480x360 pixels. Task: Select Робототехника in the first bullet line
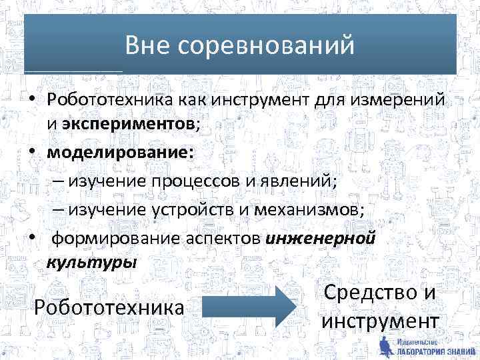pos(110,101)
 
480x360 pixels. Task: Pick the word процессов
pos(189,181)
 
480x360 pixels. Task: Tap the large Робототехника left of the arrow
pos(109,307)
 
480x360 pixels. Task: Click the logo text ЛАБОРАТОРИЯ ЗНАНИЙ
pos(429,351)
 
